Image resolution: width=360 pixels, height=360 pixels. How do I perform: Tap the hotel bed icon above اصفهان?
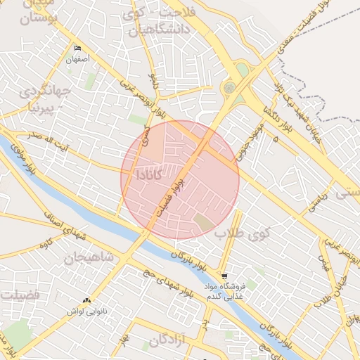[78, 49]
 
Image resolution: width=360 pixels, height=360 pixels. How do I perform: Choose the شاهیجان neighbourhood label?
[89, 257]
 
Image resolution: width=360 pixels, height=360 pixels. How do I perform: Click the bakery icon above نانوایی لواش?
[87, 301]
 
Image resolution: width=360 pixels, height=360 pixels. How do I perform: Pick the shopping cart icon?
[224, 276]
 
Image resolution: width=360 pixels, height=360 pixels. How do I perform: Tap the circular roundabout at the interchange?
[229, 88]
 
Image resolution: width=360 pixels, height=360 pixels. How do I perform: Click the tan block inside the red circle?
[204, 224]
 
